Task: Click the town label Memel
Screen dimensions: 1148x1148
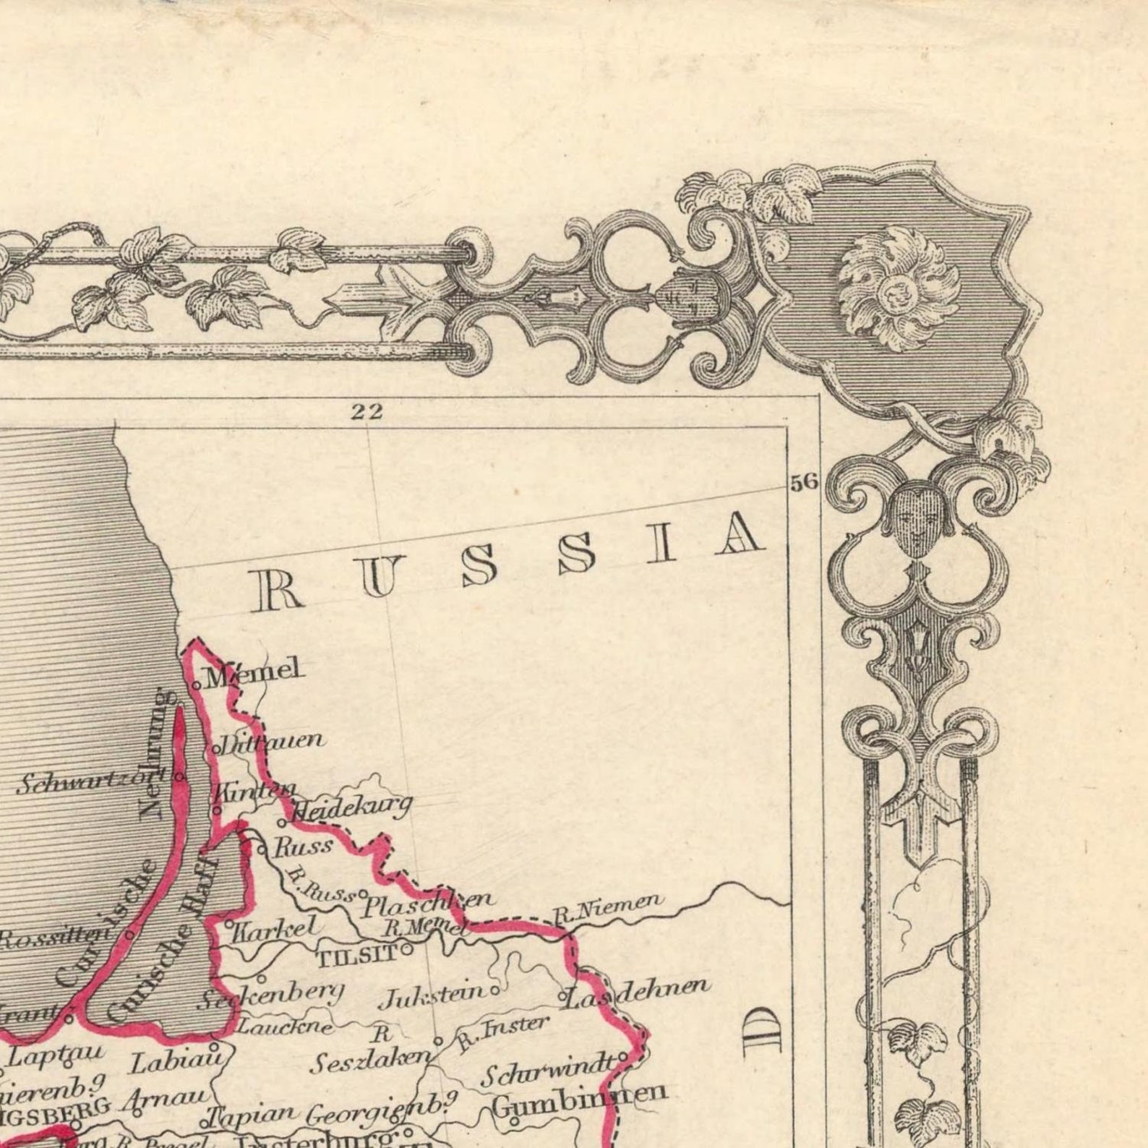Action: point(253,672)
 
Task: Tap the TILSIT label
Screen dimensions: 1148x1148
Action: point(357,956)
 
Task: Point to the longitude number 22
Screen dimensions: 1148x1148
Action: point(366,412)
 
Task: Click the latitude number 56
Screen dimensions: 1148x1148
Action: point(802,482)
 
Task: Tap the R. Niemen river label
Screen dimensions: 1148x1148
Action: point(607,909)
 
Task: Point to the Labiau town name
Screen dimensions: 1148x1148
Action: point(174,1060)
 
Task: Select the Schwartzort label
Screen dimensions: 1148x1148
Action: point(90,782)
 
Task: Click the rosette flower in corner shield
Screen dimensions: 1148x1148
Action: point(899,288)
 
